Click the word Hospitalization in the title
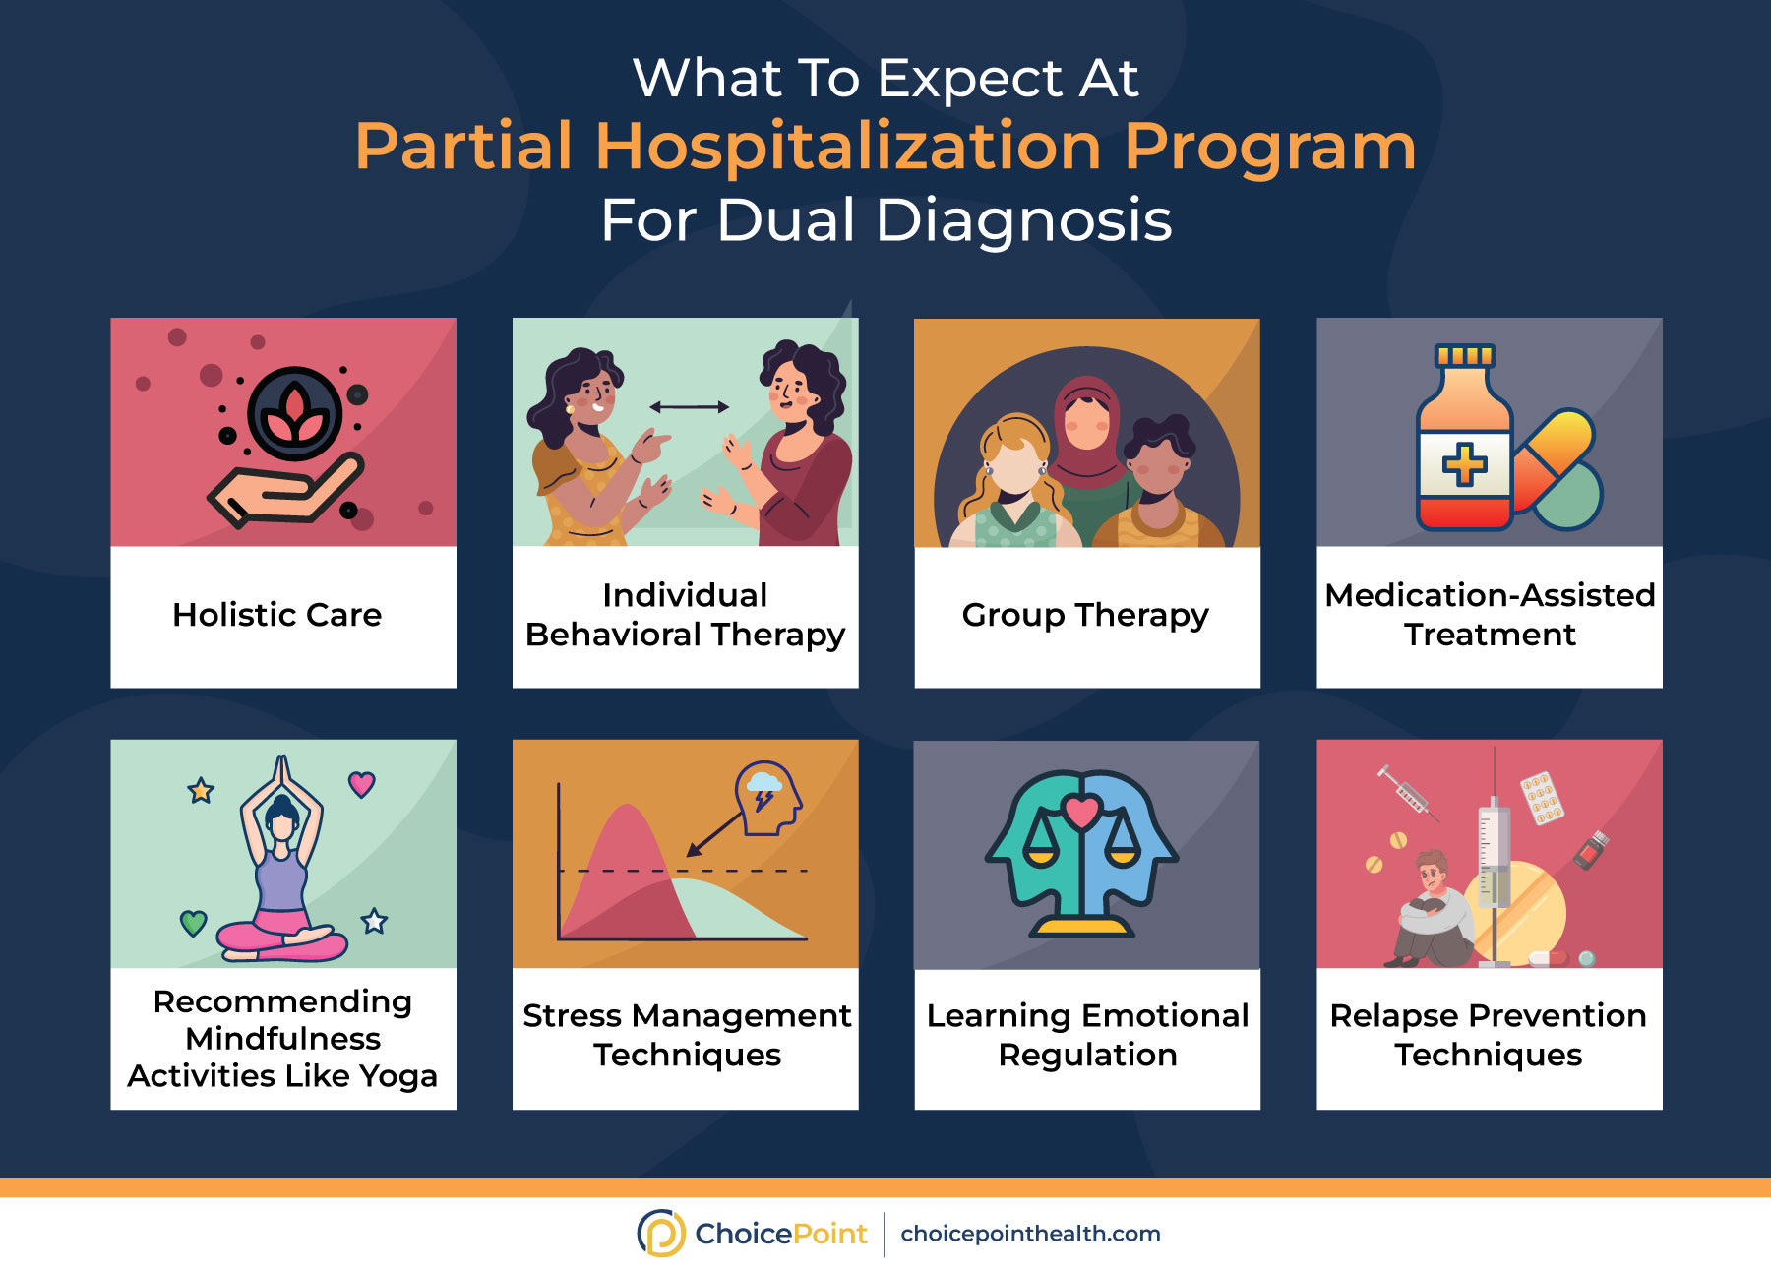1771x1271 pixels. (x=847, y=148)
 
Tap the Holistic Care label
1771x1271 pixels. (x=277, y=615)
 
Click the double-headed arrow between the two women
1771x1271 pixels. (x=689, y=406)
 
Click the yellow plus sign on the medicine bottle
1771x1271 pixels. (x=1464, y=464)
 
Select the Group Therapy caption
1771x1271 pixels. (x=1085, y=616)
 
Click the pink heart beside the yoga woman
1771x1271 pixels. (x=362, y=784)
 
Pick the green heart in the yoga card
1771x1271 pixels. (x=194, y=923)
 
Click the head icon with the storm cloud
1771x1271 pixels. (x=768, y=798)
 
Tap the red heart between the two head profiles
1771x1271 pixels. (x=1081, y=813)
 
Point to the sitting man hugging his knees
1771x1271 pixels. (x=1432, y=910)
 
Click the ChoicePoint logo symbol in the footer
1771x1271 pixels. (x=661, y=1233)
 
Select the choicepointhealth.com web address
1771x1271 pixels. (x=1030, y=1234)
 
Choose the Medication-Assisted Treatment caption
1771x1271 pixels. (x=1490, y=615)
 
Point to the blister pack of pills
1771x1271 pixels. (x=1542, y=798)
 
